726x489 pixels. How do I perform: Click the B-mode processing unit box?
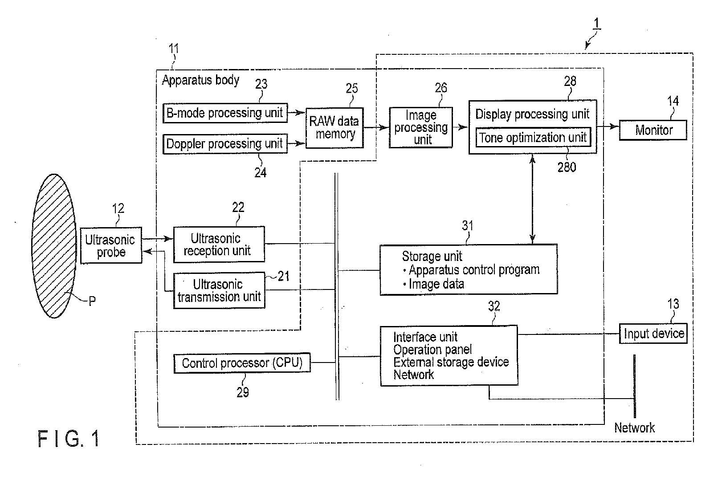tap(225, 113)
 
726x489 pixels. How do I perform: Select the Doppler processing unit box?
tap(225, 143)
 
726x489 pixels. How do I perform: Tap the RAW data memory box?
tap(334, 128)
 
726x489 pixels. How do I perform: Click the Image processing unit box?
tap(421, 127)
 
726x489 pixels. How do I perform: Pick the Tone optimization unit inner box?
tap(533, 138)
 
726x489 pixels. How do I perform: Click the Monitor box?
tap(653, 130)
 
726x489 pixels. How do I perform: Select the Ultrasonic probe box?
tap(111, 245)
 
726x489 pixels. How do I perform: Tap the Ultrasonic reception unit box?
tap(219, 244)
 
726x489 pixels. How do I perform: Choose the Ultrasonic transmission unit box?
tap(219, 290)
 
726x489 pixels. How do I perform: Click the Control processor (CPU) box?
tap(242, 363)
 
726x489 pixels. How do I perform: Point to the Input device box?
tap(653, 333)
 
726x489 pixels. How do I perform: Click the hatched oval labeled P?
tap(54, 246)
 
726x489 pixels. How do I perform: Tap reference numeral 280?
tap(567, 167)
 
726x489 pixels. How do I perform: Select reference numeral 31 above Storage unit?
tap(467, 225)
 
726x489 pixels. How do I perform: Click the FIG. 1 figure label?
tap(69, 439)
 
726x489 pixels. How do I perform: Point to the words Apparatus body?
tap(200, 80)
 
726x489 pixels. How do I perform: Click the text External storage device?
tap(451, 362)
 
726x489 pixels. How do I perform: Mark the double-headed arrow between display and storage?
tap(532, 199)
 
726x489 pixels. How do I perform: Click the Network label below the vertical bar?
tap(634, 428)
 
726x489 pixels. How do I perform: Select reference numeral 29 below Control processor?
tap(242, 392)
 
